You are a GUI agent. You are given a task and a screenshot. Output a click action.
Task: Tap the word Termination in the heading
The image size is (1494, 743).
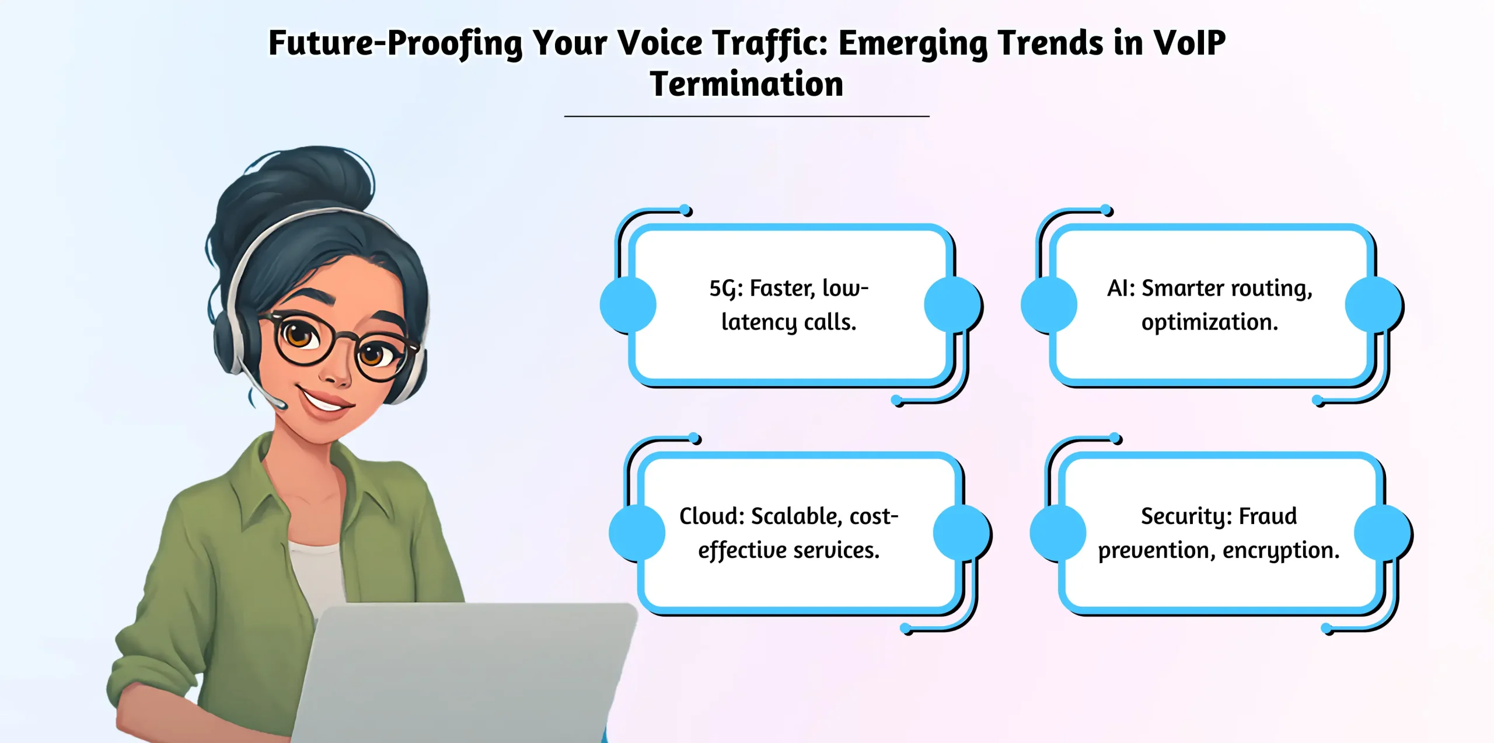point(746,84)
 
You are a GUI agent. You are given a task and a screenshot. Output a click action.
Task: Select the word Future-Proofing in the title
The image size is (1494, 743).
point(395,44)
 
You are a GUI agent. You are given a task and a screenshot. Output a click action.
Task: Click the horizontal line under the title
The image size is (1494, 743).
point(746,116)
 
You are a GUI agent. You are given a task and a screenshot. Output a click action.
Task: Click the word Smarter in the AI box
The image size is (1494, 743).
point(1182,288)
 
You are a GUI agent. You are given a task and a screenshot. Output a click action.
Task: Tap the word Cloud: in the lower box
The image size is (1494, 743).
point(712,516)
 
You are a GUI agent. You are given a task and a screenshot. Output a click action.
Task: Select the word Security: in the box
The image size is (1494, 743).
point(1186,516)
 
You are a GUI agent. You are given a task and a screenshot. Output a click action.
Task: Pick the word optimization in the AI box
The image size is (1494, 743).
point(1209,322)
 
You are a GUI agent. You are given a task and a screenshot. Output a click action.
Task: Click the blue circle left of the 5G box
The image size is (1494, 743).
point(628,305)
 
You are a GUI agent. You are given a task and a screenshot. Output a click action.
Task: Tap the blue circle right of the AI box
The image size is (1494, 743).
point(1373,305)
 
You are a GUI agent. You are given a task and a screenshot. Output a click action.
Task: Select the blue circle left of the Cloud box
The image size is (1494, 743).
point(637,533)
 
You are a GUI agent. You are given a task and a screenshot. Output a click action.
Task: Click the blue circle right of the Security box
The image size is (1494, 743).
point(1382,533)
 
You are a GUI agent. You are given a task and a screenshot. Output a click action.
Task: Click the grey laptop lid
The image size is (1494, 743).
point(467,672)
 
